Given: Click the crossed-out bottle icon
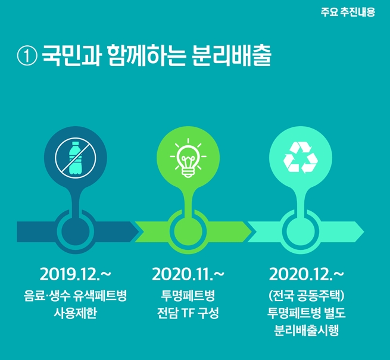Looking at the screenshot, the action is coord(76,158).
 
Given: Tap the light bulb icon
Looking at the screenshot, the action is coord(188,158).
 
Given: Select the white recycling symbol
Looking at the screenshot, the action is coord(301,157).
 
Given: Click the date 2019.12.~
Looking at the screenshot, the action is coord(76,274).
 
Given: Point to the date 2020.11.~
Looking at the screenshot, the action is coord(188,274).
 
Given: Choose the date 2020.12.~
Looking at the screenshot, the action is coord(307,274).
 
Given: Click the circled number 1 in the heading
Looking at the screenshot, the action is coord(27,56).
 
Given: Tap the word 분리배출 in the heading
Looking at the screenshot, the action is coord(231,56).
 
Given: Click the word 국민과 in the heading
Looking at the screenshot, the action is coord(71,56).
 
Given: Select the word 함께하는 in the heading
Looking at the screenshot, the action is coord(147,56).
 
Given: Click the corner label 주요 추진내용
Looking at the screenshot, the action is coord(348,12).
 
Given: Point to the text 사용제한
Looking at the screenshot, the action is coord(76,313).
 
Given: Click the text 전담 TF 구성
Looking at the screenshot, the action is coord(188,313).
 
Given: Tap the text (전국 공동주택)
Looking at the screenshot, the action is coord(307,295).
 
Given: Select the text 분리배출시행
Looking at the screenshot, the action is coord(307,331).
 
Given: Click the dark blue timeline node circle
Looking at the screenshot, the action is coord(76,231).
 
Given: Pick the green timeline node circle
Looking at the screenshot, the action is coord(188,231).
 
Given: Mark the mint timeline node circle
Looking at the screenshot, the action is coord(301,231).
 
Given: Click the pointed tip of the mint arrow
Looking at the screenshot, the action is coord(364,231).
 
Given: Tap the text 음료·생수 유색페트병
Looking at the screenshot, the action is coord(76,295).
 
